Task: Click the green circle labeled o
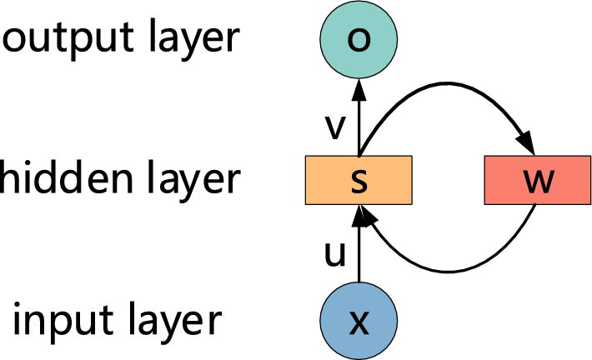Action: point(358,40)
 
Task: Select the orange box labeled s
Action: point(358,179)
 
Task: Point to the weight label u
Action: point(334,255)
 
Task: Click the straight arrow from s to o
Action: point(358,117)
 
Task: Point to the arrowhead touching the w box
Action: point(527,142)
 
